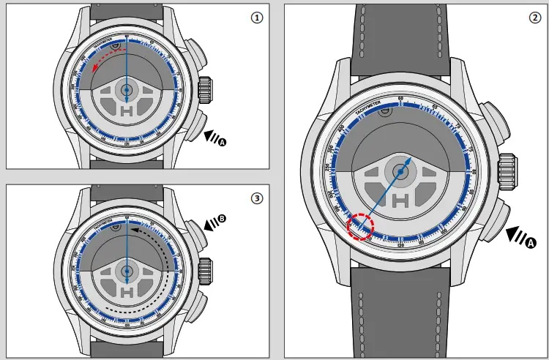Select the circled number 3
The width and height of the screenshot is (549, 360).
pyautogui.click(x=256, y=197)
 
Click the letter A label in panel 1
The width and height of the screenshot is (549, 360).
pyautogui.click(x=223, y=141)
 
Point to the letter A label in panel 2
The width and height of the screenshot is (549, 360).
pyautogui.click(x=531, y=241)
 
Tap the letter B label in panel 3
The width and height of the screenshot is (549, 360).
pyautogui.click(x=222, y=219)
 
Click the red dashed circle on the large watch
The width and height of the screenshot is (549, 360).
pyautogui.click(x=360, y=226)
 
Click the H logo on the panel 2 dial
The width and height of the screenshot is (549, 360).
pyautogui.click(x=401, y=200)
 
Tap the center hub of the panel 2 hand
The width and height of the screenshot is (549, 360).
pyautogui.click(x=401, y=171)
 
